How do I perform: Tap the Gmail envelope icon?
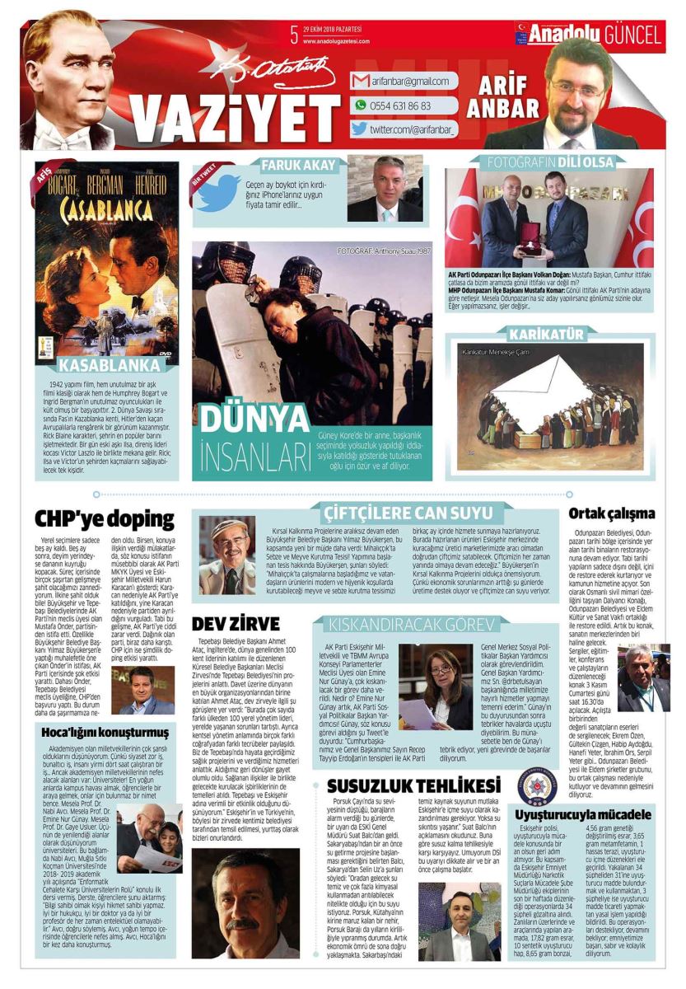coord(360,82)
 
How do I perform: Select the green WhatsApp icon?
coord(360,105)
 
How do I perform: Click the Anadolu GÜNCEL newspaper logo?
coord(588,35)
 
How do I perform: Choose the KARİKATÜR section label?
coord(549,335)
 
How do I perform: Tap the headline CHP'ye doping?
coord(105,518)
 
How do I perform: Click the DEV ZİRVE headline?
coord(236,624)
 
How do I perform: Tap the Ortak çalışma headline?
coord(611,513)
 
